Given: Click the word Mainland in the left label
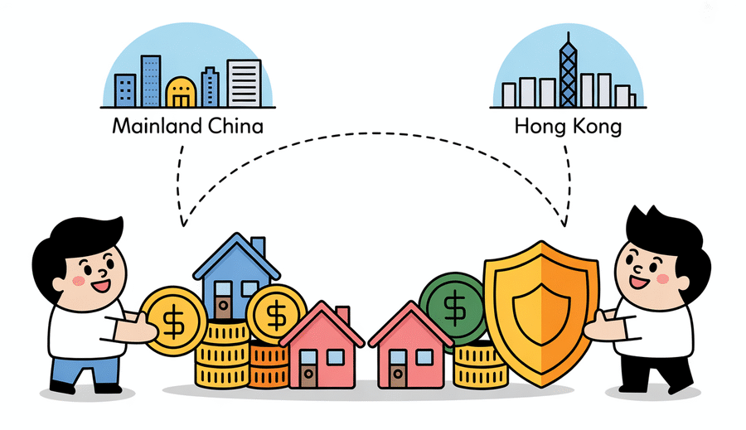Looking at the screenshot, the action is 150,126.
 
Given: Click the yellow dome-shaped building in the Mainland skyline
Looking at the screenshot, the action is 181,92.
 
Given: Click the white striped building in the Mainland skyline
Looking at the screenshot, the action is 244,83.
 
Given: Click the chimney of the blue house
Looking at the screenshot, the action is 259,246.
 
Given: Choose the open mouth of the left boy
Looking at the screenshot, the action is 101,287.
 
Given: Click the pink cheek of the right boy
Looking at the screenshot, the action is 663,278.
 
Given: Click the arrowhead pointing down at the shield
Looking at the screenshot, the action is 564,220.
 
